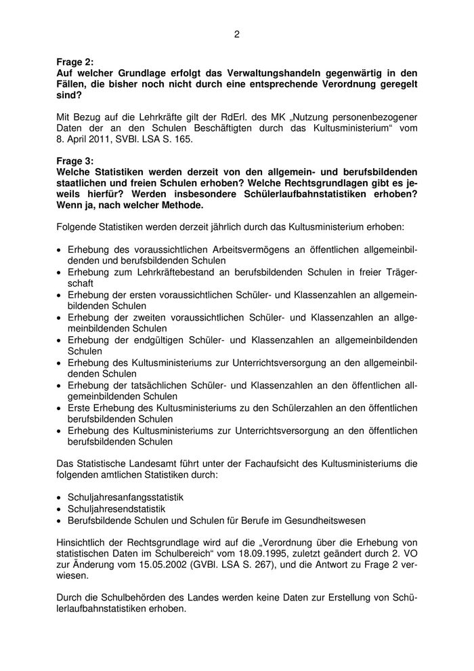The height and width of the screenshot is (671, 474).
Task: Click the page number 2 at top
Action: (237, 34)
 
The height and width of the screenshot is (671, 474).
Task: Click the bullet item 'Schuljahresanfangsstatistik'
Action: (125, 497)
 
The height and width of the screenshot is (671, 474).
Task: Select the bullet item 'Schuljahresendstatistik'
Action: (116, 508)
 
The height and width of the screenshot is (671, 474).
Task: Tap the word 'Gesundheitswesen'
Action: (326, 520)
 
